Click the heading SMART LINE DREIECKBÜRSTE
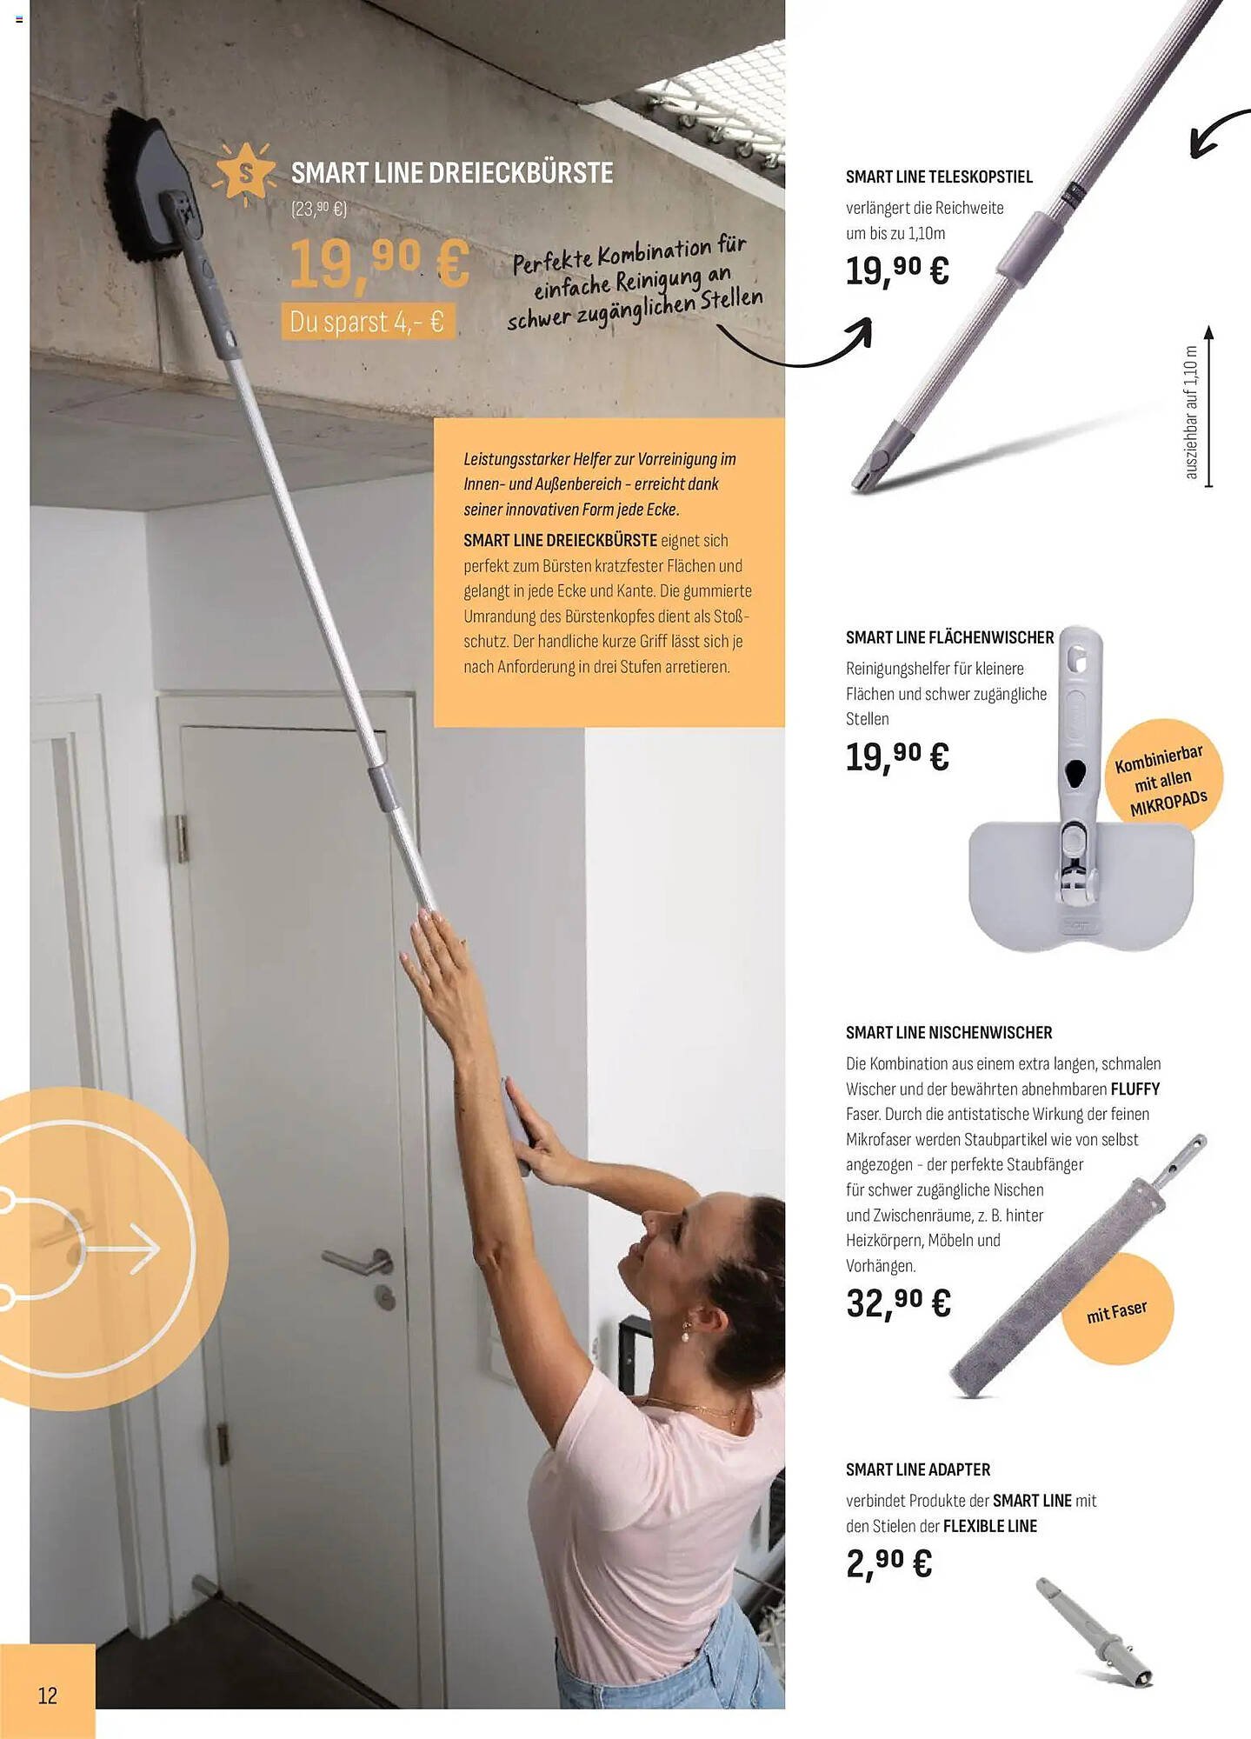451,173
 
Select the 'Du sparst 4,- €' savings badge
367,322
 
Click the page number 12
47,1695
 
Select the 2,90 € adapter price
888,1563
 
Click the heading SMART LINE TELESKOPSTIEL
939,177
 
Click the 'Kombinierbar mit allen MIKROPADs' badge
1163,778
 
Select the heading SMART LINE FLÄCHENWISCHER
949,637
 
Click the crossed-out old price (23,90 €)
319,209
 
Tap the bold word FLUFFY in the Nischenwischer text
1135,1089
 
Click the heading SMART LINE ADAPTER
917,1469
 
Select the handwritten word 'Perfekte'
552,260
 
